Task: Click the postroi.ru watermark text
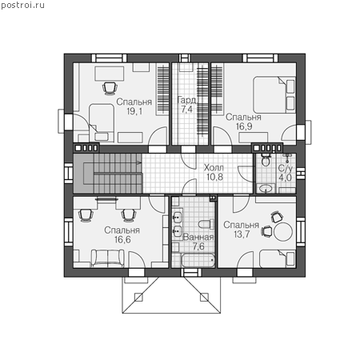(22, 6)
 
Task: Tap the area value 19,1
(134, 111)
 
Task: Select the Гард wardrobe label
(186, 100)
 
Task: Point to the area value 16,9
(244, 126)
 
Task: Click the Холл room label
(214, 168)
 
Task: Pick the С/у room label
(286, 168)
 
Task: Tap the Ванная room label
(198, 237)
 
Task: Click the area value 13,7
(242, 234)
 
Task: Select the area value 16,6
(122, 240)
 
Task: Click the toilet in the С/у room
(266, 160)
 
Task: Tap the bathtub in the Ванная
(198, 260)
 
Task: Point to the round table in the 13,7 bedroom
(283, 232)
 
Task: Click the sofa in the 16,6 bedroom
(108, 258)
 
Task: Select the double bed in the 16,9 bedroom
(274, 95)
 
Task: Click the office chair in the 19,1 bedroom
(110, 89)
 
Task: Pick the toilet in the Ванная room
(206, 224)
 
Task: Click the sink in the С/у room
(266, 189)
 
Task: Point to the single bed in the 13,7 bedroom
(278, 258)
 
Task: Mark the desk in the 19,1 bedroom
(110, 74)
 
